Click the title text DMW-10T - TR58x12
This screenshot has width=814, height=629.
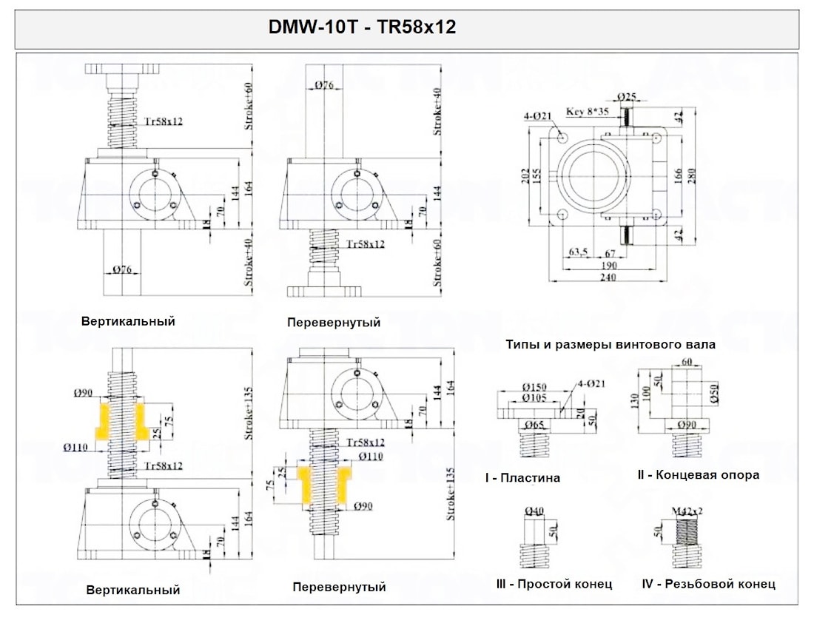coord(363,28)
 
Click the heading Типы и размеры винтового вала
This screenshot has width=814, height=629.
coord(610,344)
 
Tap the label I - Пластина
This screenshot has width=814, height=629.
coord(522,478)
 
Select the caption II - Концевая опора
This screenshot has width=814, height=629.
coord(698,475)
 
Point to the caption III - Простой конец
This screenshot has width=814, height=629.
coord(554,584)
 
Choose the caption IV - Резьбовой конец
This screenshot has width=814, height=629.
coord(708,584)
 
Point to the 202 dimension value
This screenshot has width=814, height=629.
coord(527,175)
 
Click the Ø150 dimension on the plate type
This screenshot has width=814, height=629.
coord(535,387)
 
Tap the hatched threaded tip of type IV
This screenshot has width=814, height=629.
coord(686,531)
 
